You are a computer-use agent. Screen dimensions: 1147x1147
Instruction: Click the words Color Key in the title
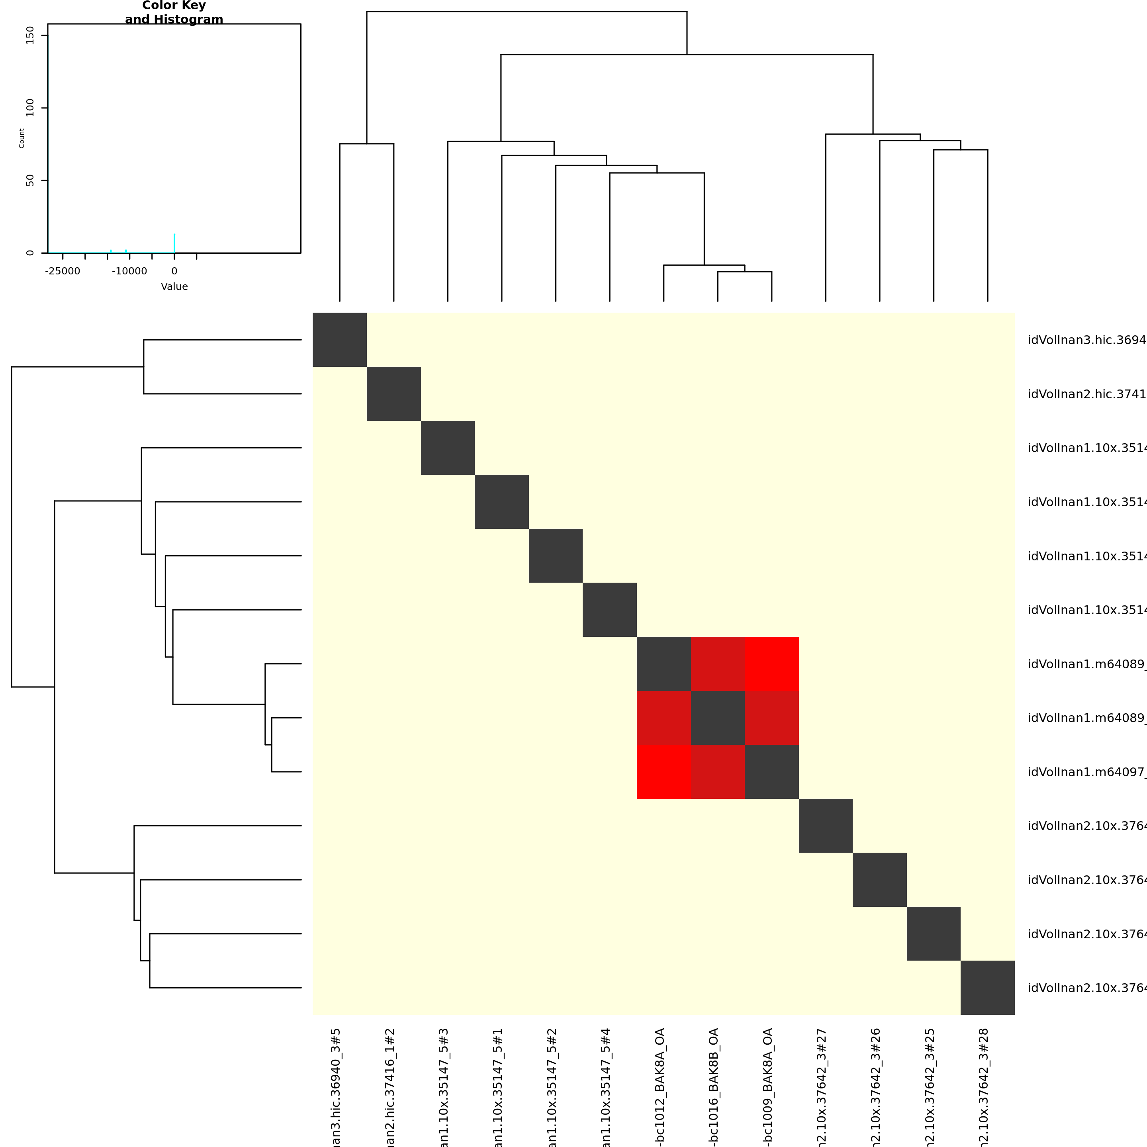[174, 6]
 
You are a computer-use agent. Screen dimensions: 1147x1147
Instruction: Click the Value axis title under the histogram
[174, 287]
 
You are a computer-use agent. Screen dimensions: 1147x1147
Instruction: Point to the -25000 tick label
[63, 271]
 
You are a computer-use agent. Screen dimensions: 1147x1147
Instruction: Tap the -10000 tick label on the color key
[129, 271]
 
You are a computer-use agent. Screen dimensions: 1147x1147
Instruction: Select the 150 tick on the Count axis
[30, 35]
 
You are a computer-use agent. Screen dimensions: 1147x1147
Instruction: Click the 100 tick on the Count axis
[30, 108]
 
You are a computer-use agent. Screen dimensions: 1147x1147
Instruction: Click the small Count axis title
[22, 138]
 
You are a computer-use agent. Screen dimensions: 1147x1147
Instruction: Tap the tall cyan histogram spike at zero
[174, 243]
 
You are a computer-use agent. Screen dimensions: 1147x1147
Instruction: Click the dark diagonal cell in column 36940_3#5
[340, 340]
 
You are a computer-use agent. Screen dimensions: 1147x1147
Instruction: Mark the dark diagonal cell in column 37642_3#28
[987, 988]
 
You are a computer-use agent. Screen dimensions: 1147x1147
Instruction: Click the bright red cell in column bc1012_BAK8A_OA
[664, 772]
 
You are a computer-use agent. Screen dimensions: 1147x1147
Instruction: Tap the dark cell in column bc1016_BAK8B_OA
[718, 718]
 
